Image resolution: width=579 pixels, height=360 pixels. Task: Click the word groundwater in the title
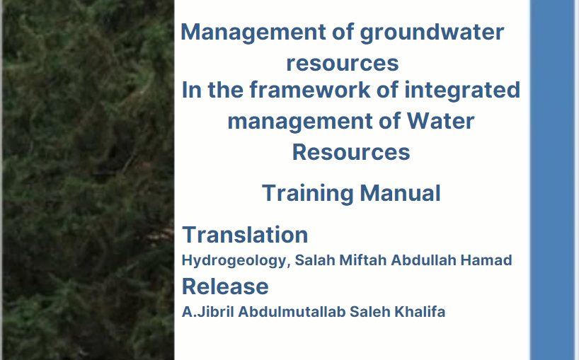point(432,33)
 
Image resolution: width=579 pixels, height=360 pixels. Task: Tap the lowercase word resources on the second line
point(343,63)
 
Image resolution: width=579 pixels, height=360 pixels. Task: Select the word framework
point(310,90)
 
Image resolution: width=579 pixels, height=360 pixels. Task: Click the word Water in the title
point(440,121)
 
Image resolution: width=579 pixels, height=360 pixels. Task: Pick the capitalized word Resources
point(351,152)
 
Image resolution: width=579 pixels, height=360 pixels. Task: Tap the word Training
point(308,194)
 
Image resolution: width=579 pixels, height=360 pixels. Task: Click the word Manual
point(400,193)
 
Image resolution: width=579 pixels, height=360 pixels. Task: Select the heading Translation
point(245,235)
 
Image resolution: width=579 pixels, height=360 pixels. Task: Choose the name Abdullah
point(423,260)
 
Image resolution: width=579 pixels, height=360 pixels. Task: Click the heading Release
point(225,286)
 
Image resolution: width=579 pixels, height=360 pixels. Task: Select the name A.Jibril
point(208,312)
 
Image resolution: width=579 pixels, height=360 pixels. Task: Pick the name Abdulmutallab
point(292,312)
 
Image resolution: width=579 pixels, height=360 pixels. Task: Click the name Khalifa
point(420,312)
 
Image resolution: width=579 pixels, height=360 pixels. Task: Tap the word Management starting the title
point(253,33)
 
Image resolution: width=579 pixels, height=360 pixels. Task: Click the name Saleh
point(370,312)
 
